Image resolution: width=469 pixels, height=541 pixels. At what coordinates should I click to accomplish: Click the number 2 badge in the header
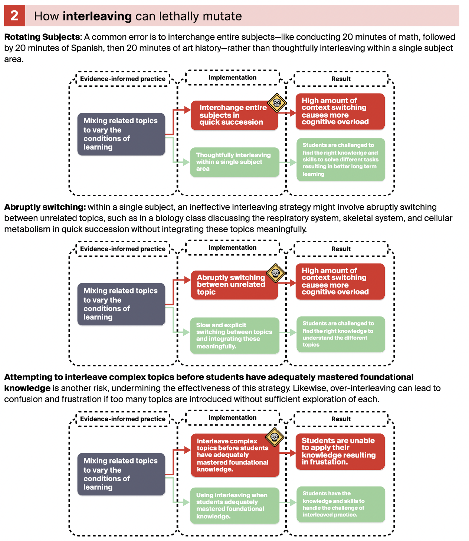14,16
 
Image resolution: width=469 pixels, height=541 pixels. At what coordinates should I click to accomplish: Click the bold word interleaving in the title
97,16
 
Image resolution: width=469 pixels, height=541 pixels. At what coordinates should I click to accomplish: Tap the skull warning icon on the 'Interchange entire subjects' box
277,103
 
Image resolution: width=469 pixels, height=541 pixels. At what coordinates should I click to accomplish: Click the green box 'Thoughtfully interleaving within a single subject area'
234,162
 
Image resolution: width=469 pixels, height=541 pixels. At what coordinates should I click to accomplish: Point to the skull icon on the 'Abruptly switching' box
276,273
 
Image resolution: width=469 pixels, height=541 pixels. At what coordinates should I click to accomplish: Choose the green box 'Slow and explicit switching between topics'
234,335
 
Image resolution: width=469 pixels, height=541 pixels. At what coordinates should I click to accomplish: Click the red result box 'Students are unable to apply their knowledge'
340,451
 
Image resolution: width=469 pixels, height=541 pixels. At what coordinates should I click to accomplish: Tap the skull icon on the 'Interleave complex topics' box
275,437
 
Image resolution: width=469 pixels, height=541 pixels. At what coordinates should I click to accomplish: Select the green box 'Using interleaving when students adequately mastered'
234,505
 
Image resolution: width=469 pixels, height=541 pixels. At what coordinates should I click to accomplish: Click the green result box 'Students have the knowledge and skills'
341,504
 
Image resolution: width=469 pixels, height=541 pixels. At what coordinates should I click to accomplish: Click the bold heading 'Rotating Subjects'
42,37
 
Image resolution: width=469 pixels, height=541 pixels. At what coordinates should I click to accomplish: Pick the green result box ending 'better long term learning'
341,160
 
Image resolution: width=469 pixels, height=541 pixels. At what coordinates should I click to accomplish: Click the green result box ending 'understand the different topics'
341,334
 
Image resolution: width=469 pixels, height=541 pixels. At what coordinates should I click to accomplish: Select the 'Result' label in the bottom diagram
341,419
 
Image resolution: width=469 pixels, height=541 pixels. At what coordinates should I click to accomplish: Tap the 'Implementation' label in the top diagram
232,78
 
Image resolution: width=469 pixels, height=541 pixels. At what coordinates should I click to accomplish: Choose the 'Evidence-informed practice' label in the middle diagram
122,249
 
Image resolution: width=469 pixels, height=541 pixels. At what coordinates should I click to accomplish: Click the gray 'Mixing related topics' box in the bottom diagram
121,474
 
